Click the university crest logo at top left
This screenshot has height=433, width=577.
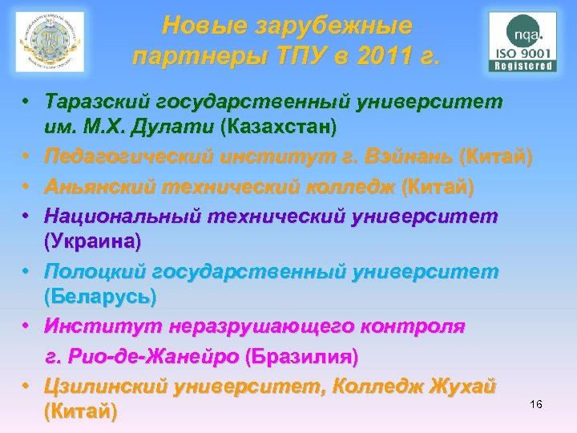50,42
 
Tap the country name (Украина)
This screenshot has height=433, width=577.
92,240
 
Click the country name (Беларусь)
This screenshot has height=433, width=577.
100,296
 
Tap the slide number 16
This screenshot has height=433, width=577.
536,404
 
